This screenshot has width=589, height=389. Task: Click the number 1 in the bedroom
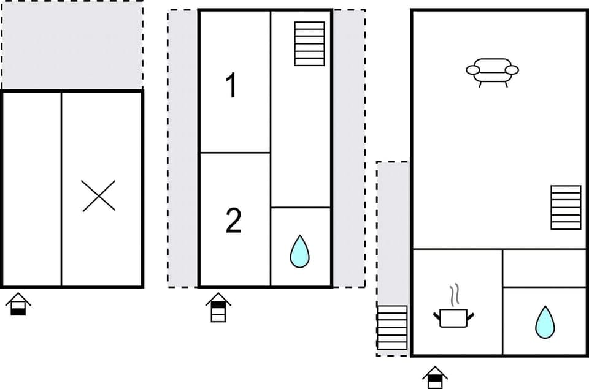tap(231, 85)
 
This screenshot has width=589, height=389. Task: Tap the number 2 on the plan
tap(233, 221)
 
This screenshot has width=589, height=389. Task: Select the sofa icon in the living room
tap(492, 72)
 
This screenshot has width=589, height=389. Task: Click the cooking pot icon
tap(454, 317)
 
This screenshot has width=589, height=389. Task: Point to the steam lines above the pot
tap(454, 296)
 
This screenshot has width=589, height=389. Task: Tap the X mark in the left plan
tap(99, 196)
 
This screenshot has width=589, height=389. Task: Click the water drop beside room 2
tap(299, 251)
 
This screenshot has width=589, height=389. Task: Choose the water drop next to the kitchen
tap(544, 322)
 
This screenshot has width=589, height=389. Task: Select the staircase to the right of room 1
tap(309, 43)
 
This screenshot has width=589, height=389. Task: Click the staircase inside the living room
tap(565, 207)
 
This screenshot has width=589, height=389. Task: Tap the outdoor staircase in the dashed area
tap(392, 328)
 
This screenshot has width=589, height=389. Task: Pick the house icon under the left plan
tap(18, 303)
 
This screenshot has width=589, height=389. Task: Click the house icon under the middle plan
tap(218, 307)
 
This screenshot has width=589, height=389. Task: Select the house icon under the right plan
tap(435, 377)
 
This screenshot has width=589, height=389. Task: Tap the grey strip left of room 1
tap(183, 148)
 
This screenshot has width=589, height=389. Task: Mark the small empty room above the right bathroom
tap(544, 268)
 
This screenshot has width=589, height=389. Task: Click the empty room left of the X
tap(32, 189)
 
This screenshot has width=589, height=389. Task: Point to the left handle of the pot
tap(437, 316)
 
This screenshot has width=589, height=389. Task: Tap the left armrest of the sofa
tap(473, 70)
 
